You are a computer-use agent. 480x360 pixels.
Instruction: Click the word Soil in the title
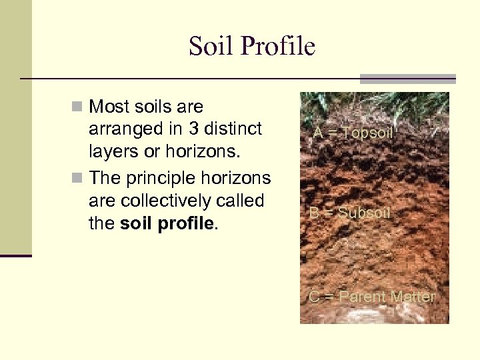pyautogui.click(x=209, y=47)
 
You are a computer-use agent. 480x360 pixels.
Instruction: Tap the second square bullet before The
pyautogui.click(x=79, y=179)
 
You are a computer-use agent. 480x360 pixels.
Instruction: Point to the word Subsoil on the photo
pyautogui.click(x=363, y=213)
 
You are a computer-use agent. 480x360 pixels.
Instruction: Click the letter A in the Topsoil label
pyautogui.click(x=318, y=133)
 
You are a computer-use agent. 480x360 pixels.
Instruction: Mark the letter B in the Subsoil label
pyautogui.click(x=313, y=213)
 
